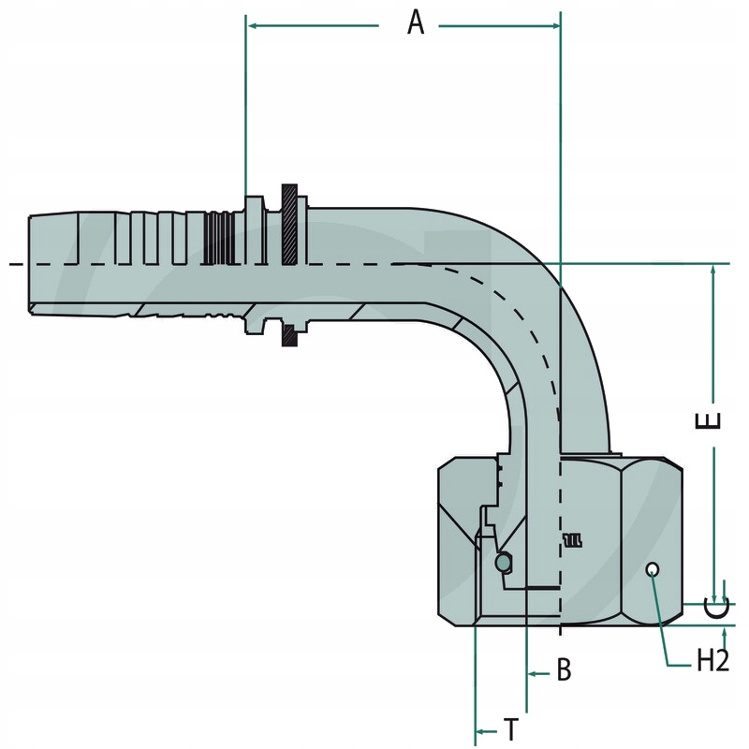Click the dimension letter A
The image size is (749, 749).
pos(416,23)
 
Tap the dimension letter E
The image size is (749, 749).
pos(712,420)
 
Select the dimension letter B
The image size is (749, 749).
pos(564,670)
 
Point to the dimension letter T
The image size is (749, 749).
pos(511,728)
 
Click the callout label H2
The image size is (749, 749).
pos(712,661)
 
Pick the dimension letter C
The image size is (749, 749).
pos(716,609)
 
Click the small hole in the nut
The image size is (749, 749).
pos(654,569)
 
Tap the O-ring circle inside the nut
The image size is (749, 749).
pos(503,562)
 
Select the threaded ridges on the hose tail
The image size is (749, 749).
pos(219,239)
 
